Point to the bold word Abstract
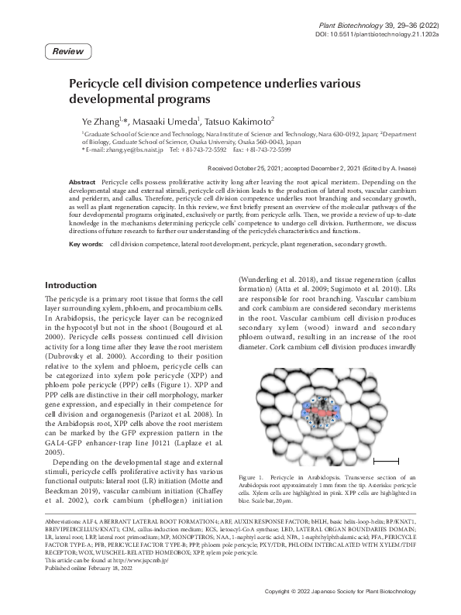(83, 180)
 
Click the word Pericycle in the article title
(96, 84)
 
